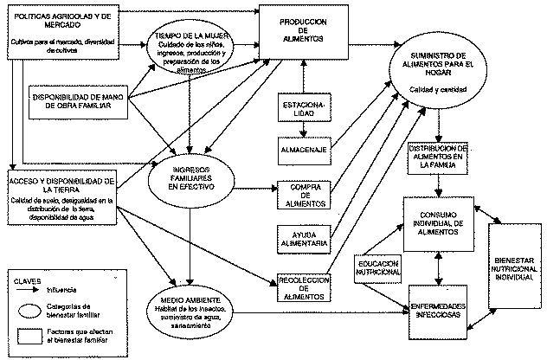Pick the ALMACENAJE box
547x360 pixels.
pos(300,148)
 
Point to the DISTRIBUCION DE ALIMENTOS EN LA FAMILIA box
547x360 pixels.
pos(441,157)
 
